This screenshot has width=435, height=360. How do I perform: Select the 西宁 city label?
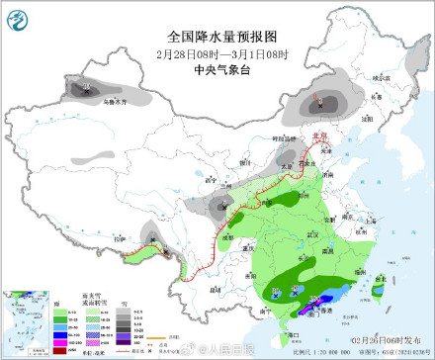point(209,181)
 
